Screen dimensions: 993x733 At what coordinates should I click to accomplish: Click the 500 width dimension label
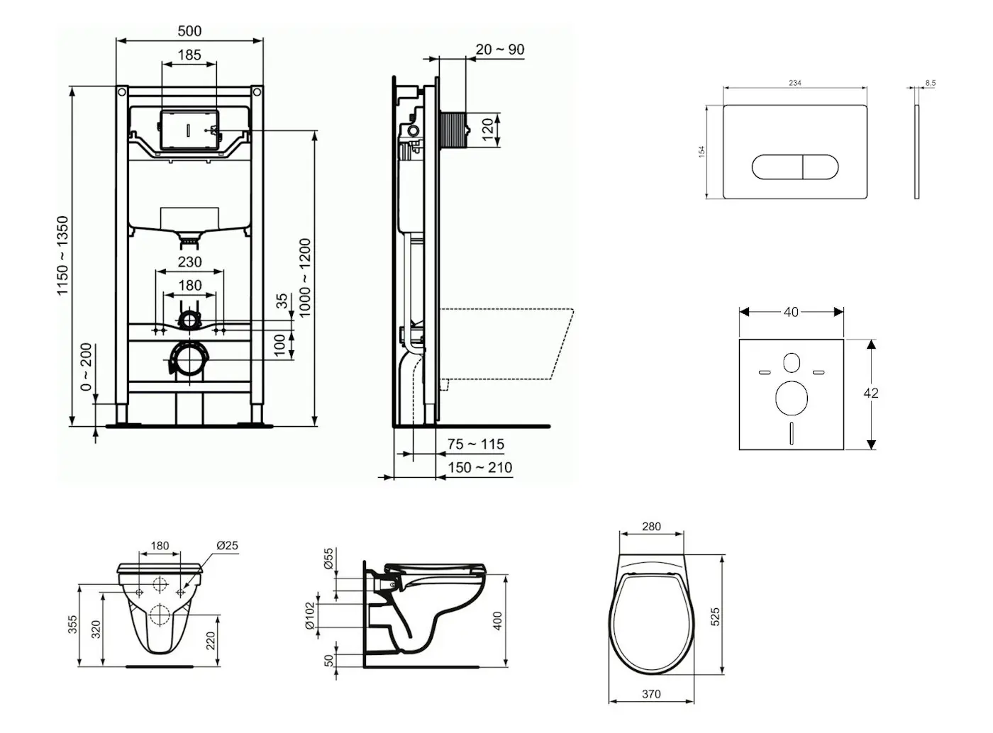coord(189,31)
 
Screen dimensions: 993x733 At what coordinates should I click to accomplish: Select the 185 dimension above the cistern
coord(189,55)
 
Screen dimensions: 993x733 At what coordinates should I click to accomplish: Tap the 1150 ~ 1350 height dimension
coord(62,255)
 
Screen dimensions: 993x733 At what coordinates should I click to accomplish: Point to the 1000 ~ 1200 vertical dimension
coord(304,278)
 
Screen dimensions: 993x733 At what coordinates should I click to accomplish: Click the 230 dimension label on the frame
coord(190,262)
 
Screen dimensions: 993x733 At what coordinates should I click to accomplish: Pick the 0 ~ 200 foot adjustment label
coord(86,366)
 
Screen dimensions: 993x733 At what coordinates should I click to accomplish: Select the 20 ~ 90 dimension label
coord(499,49)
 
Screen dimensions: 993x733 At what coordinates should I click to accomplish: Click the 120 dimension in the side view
coord(488,129)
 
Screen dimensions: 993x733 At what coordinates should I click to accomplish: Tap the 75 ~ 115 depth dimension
coord(475,444)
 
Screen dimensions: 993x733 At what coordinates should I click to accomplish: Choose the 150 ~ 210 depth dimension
coord(480,468)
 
